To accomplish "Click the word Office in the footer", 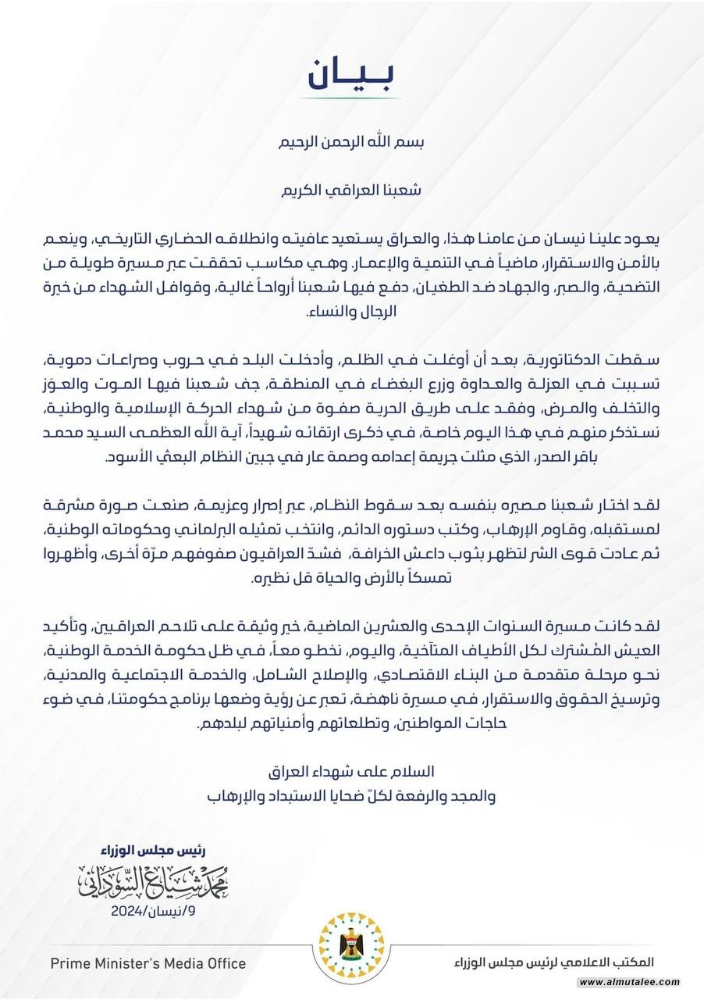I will point(223,963).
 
